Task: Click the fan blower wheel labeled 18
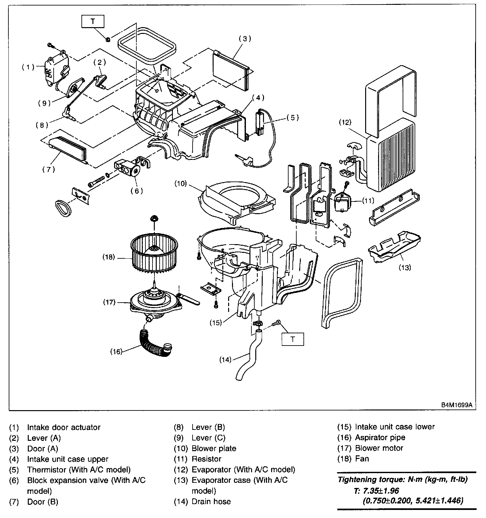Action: pyautogui.click(x=154, y=257)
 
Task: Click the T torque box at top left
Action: pyautogui.click(x=93, y=21)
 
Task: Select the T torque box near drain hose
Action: pyautogui.click(x=293, y=339)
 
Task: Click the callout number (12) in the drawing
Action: pyautogui.click(x=345, y=122)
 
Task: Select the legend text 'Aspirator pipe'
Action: pyautogui.click(x=380, y=438)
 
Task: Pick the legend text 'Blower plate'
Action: pyautogui.click(x=214, y=448)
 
